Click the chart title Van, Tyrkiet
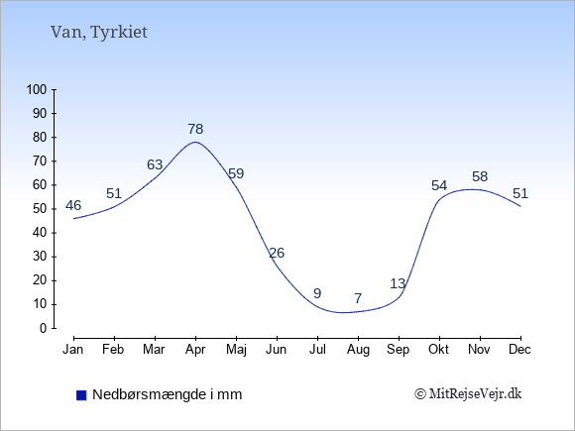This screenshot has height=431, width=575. pyautogui.click(x=99, y=33)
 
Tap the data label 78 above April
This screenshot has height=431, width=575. pyautogui.click(x=195, y=129)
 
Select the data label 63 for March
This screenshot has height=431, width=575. pyautogui.click(x=155, y=164)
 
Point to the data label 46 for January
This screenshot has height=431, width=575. pyautogui.click(x=73, y=205)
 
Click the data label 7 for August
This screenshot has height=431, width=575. pyautogui.click(x=358, y=298)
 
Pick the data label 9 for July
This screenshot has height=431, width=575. pyautogui.click(x=317, y=293)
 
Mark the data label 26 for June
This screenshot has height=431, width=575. pyautogui.click(x=277, y=253)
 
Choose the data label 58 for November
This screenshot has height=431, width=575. pyautogui.click(x=480, y=176)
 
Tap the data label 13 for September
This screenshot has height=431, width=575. pyautogui.click(x=398, y=283)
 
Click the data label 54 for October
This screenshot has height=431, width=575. pyautogui.click(x=439, y=186)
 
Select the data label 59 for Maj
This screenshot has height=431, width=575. pyautogui.click(x=236, y=173)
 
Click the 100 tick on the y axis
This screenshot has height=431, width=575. pyautogui.click(x=37, y=89)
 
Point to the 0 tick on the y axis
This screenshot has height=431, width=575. pyautogui.click(x=44, y=328)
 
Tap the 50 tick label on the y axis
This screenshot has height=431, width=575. pyautogui.click(x=40, y=209)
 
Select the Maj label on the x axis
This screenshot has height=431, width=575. pyautogui.click(x=236, y=350)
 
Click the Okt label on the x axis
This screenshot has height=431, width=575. pyautogui.click(x=438, y=350)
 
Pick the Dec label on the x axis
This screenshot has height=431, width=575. pyautogui.click(x=520, y=350)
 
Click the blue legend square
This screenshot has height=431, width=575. pyautogui.click(x=81, y=395)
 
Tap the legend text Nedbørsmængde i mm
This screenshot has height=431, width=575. pyautogui.click(x=168, y=394)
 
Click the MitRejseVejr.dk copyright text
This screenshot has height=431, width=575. pyautogui.click(x=468, y=394)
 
